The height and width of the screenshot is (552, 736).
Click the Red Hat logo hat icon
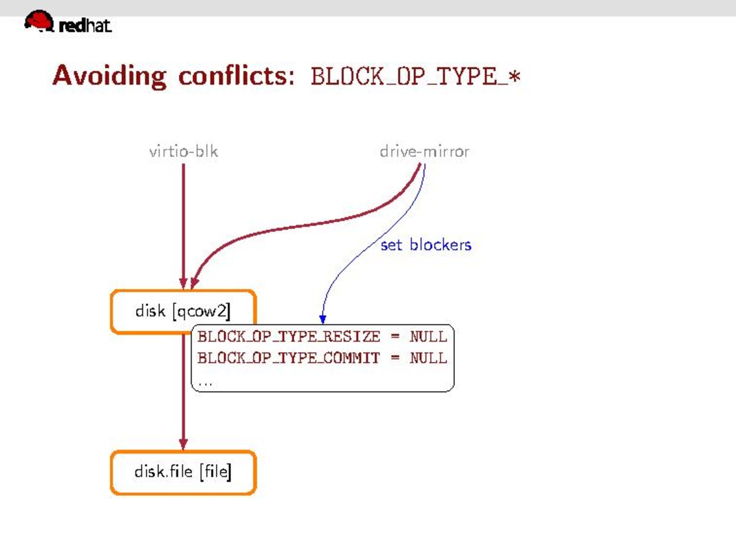click(39, 21)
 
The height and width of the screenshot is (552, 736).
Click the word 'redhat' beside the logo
click(85, 26)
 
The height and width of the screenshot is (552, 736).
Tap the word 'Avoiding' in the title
click(109, 76)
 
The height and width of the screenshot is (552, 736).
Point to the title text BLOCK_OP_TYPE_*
click(415, 77)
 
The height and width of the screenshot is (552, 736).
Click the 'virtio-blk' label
click(184, 152)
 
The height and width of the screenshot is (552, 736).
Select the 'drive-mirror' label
click(424, 152)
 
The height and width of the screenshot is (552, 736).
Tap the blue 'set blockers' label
click(426, 245)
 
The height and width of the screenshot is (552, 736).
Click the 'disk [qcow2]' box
click(183, 311)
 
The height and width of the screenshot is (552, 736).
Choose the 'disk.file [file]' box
click(183, 472)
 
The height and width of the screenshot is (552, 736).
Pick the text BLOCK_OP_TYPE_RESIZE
click(288, 337)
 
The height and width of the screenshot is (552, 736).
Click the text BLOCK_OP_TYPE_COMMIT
click(288, 357)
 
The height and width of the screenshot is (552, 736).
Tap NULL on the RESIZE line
click(428, 337)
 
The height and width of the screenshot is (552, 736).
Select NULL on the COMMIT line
click(428, 357)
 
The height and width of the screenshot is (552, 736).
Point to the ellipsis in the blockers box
click(205, 383)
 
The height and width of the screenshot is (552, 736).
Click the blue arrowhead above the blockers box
click(322, 318)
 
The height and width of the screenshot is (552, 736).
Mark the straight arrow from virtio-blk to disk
click(184, 221)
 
